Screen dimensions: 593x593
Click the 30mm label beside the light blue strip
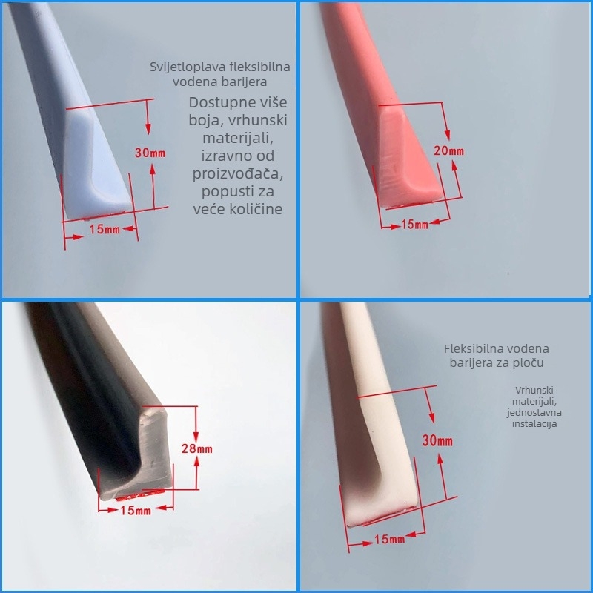tap(150, 153)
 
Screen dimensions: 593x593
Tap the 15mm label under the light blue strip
tap(105, 229)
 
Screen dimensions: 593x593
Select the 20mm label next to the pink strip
tap(448, 151)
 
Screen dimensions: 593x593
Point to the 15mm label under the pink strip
tap(414, 225)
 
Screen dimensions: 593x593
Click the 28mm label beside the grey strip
tap(196, 448)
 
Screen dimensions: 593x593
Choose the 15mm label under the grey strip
tap(136, 511)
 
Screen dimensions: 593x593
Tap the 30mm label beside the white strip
tap(437, 440)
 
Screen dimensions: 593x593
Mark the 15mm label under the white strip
tap(390, 539)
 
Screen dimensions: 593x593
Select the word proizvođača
tap(238, 173)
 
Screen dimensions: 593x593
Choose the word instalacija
tap(534, 423)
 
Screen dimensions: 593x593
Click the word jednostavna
tap(534, 412)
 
